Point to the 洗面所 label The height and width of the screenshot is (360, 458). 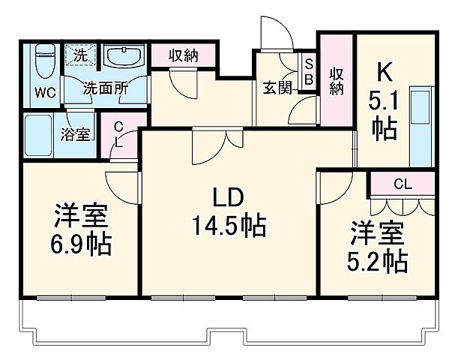click(x=105, y=87)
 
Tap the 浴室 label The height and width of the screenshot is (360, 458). click(x=76, y=134)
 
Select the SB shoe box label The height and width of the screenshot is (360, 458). click(x=309, y=72)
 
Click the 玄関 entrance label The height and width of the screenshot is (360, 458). click(x=276, y=86)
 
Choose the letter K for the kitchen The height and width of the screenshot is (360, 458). click(x=383, y=72)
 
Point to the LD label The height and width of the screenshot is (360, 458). click(x=226, y=197)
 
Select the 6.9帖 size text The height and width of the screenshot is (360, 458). click(x=81, y=244)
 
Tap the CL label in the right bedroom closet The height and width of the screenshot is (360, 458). click(x=403, y=182)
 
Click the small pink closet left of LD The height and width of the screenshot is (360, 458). click(x=118, y=137)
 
